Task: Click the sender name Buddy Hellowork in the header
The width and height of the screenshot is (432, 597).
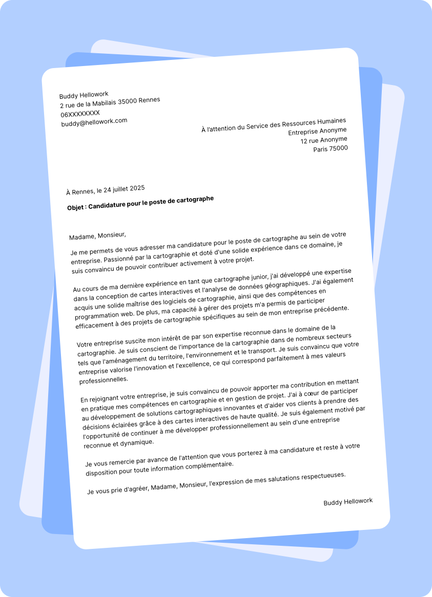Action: point(84,95)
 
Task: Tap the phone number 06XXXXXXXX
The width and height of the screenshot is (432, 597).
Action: point(80,113)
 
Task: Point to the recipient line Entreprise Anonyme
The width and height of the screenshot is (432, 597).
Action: point(317,131)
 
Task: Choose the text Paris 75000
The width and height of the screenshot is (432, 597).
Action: point(331,149)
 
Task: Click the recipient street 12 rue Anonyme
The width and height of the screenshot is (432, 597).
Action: point(324,140)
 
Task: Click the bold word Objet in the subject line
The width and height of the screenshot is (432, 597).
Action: point(76,207)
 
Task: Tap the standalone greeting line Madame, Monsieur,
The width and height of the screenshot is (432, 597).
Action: point(97,236)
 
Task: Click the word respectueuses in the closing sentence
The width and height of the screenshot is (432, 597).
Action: point(320,475)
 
